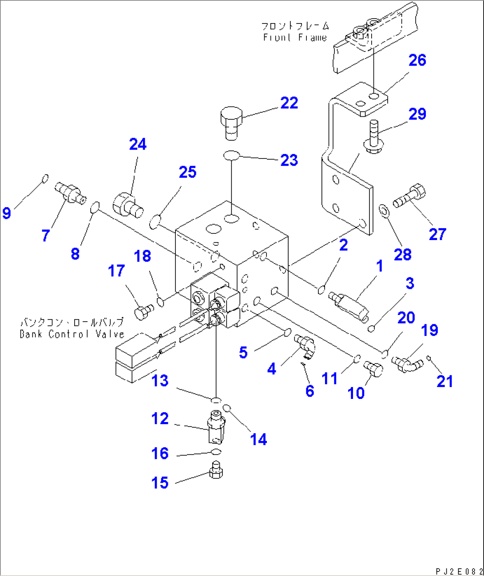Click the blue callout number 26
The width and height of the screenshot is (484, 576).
pyautogui.click(x=417, y=60)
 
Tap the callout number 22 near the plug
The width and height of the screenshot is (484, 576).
pyautogui.click(x=289, y=103)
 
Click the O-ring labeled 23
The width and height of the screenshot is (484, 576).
pyautogui.click(x=231, y=155)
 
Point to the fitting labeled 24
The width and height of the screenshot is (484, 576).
pyautogui.click(x=127, y=205)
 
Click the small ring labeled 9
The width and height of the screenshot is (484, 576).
pyautogui.click(x=45, y=178)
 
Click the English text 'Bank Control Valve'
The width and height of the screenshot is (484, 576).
pyautogui.click(x=71, y=334)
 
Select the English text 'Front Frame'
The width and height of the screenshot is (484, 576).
pyautogui.click(x=294, y=38)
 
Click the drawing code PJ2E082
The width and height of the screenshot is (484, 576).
pyautogui.click(x=459, y=571)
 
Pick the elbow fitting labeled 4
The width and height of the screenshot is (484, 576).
pyautogui.click(x=304, y=344)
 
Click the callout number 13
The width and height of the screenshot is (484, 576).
pyautogui.click(x=160, y=381)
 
